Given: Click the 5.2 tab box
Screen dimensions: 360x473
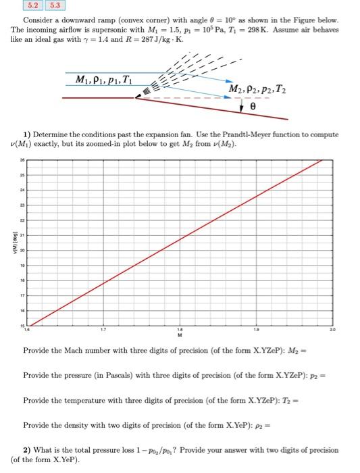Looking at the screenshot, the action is (32, 5).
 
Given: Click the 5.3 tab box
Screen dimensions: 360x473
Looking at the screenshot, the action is (54, 5).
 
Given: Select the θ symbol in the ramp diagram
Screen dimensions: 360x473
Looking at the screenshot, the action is (253, 107).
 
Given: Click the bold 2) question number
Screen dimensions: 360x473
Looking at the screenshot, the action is (26, 449).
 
